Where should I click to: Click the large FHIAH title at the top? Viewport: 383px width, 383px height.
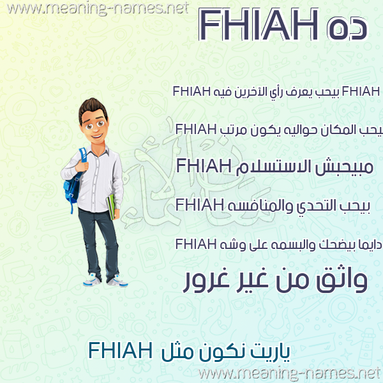(x=259, y=24)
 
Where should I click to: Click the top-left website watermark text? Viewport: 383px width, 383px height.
(x=98, y=8)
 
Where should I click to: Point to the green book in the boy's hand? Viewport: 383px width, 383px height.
(x=111, y=207)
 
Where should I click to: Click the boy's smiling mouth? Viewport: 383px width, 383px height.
(x=97, y=136)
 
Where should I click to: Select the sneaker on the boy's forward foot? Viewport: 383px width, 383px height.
(x=117, y=281)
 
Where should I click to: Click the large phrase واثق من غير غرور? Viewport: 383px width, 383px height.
(x=276, y=280)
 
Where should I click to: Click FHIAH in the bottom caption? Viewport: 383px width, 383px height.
(x=121, y=350)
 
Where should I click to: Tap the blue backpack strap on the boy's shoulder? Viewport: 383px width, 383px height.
(x=83, y=154)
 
